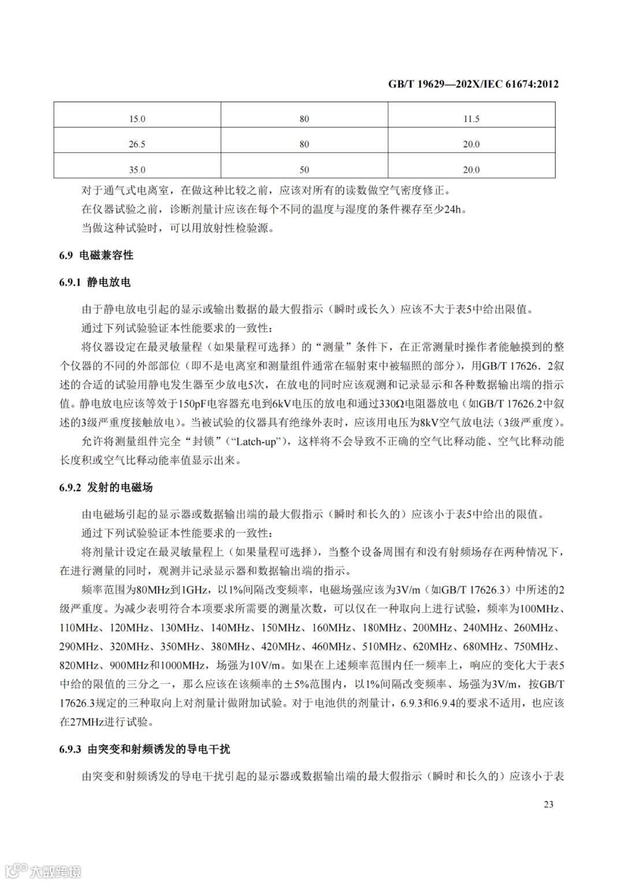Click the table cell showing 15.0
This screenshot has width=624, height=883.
(x=137, y=119)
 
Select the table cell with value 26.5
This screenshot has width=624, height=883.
(x=137, y=145)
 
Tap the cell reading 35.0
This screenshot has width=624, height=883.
(x=137, y=170)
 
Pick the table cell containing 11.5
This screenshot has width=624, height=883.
(x=471, y=119)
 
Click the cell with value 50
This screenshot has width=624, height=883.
(x=304, y=170)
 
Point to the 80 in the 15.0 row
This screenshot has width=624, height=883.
(x=304, y=119)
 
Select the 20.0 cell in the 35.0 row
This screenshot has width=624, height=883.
(x=471, y=170)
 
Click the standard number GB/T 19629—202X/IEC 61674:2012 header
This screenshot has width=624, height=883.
(x=473, y=84)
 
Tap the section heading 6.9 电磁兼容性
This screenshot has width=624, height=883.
(x=96, y=255)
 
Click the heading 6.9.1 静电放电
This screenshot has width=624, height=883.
(x=95, y=282)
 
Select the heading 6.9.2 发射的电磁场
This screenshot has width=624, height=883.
(x=106, y=487)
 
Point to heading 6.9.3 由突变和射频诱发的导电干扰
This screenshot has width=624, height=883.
(x=144, y=749)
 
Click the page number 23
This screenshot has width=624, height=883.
(x=548, y=804)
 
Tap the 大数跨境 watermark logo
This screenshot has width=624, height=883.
(x=43, y=870)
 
